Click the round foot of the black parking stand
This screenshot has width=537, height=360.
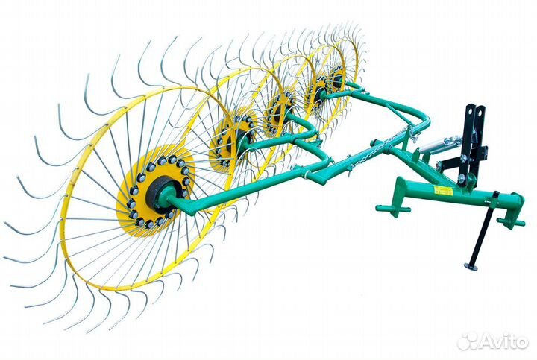point(472,265)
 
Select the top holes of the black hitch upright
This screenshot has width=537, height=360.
point(475,111)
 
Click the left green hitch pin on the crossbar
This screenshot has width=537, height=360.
point(392,209)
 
